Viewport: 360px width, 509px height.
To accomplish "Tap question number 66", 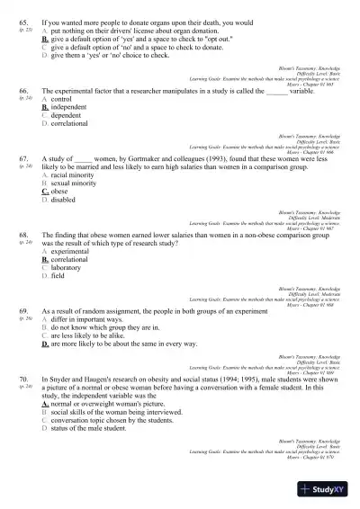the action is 22,92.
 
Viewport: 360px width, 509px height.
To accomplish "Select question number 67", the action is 22,159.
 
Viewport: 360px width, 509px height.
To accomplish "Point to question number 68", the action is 22,235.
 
